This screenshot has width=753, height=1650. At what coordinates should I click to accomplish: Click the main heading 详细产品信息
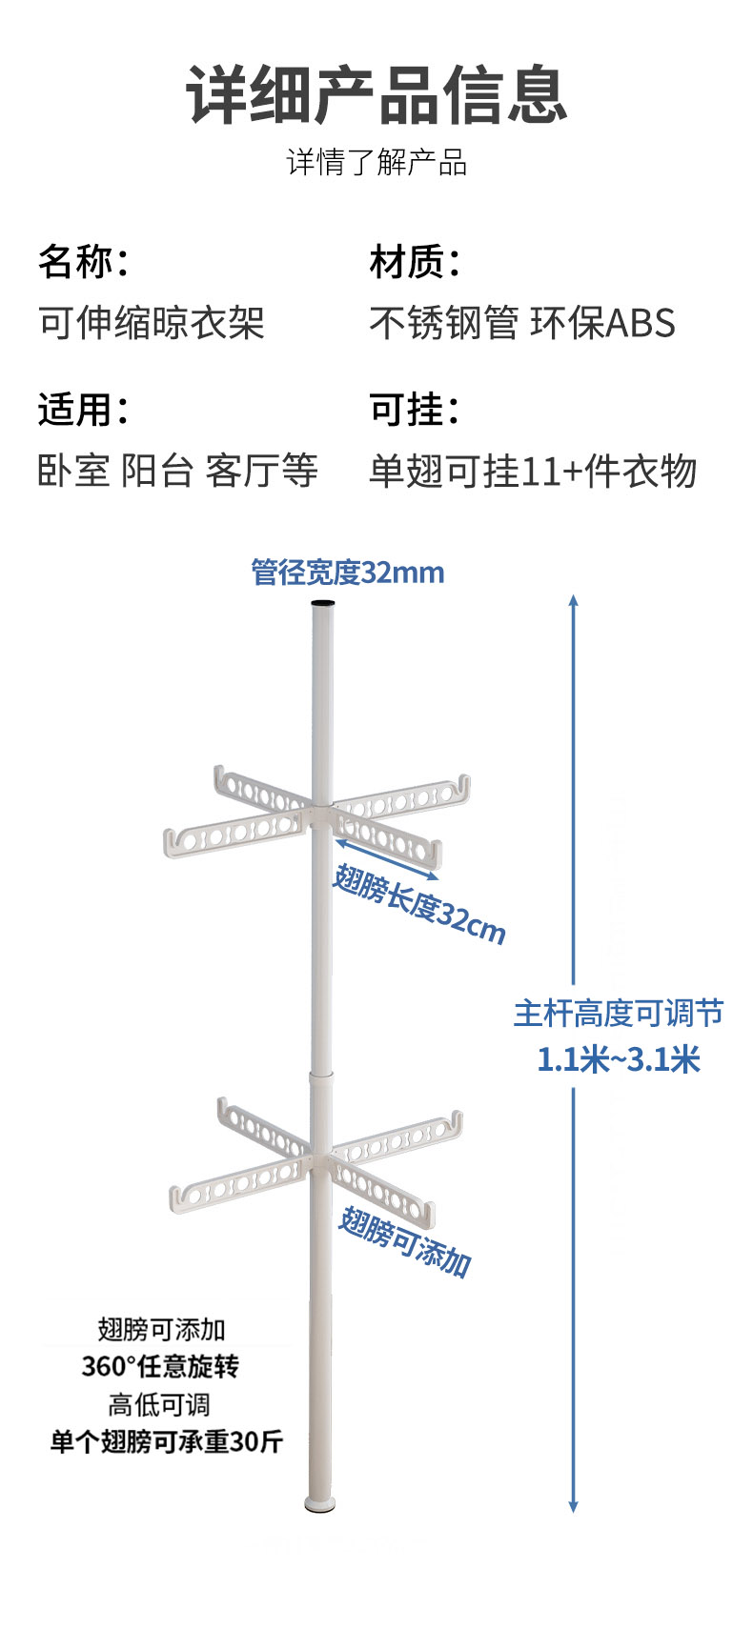376,95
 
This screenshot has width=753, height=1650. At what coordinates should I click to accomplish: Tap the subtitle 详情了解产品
376,163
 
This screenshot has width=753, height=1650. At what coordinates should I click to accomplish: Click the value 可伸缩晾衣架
151,324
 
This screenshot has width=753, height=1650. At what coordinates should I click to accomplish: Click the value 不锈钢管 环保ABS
522,324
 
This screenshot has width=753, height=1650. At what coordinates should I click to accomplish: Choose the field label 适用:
83,410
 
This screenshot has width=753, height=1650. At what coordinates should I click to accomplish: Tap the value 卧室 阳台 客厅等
177,471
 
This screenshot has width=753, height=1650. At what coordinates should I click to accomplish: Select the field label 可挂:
415,410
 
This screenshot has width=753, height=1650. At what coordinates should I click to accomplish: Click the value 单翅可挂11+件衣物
533,471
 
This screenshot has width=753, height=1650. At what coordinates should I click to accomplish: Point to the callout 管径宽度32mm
348,573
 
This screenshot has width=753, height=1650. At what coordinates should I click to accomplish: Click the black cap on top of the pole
323,604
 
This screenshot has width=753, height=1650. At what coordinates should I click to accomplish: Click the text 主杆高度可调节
618,1013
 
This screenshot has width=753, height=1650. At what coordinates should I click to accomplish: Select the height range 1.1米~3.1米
618,1058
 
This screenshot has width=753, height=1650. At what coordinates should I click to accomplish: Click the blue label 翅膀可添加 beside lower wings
405,1241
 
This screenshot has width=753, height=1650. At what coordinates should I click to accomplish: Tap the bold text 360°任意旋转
160,1366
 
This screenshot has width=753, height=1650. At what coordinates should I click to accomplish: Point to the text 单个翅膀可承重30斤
167,1441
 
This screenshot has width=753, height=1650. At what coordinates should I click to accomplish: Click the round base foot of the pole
320,1505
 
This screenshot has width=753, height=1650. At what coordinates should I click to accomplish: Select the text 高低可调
159,1404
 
